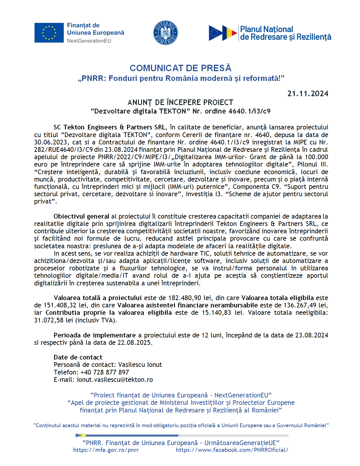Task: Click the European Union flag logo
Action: pos(49,33)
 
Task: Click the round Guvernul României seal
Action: pos(166,33)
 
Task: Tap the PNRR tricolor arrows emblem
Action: pos(223,33)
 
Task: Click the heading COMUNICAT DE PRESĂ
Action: pos(180,68)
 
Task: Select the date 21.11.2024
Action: pos(308,94)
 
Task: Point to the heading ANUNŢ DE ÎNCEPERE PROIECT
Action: pos(180,102)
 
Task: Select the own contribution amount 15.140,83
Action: pos(216,312)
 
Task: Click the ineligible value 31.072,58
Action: pos(49,320)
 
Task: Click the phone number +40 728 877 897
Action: pos(105,372)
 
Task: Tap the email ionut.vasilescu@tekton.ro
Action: pos(115,380)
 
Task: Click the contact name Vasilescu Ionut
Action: pos(140,365)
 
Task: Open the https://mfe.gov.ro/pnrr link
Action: pos(106,450)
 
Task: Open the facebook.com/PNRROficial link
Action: pos(232,450)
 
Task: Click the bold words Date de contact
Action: pos(78,357)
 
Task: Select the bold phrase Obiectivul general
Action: pos(81,216)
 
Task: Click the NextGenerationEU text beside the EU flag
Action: pos(89,41)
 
